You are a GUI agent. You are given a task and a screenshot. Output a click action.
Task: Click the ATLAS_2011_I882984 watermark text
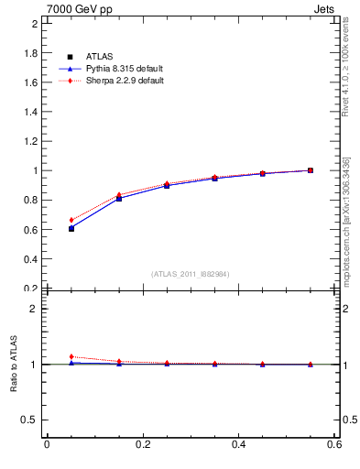pos(191,274)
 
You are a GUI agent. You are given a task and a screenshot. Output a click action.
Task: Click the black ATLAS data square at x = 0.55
pos(311,170)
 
